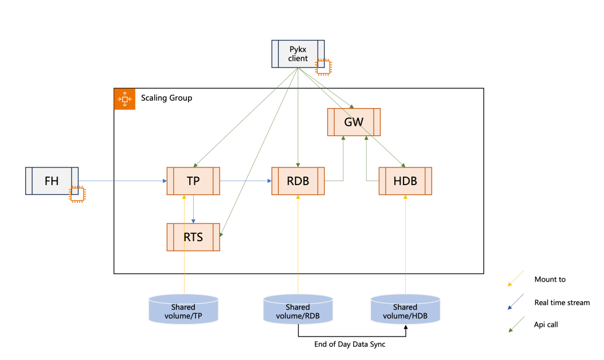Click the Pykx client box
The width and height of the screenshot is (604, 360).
298,54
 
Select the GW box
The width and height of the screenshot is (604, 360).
354,122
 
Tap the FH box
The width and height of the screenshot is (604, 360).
51,181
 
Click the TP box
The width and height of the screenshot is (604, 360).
193,181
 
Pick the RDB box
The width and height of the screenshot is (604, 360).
298,181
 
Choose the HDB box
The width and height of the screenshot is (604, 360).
405,181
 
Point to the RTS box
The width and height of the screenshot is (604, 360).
193,237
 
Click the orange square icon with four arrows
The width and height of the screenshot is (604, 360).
125,99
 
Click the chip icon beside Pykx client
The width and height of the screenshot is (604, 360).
323,67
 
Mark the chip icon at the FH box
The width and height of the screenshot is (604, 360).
77,194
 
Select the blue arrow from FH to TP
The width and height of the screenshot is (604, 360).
122,181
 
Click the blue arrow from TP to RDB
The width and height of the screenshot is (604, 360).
246,181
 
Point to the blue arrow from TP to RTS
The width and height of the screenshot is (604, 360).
194,209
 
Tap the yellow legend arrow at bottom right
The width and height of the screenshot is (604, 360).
516,278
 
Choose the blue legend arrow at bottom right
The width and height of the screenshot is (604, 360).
516,302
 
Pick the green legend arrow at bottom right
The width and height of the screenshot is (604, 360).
516,324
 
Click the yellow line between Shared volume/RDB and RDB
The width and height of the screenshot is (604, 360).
298,246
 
